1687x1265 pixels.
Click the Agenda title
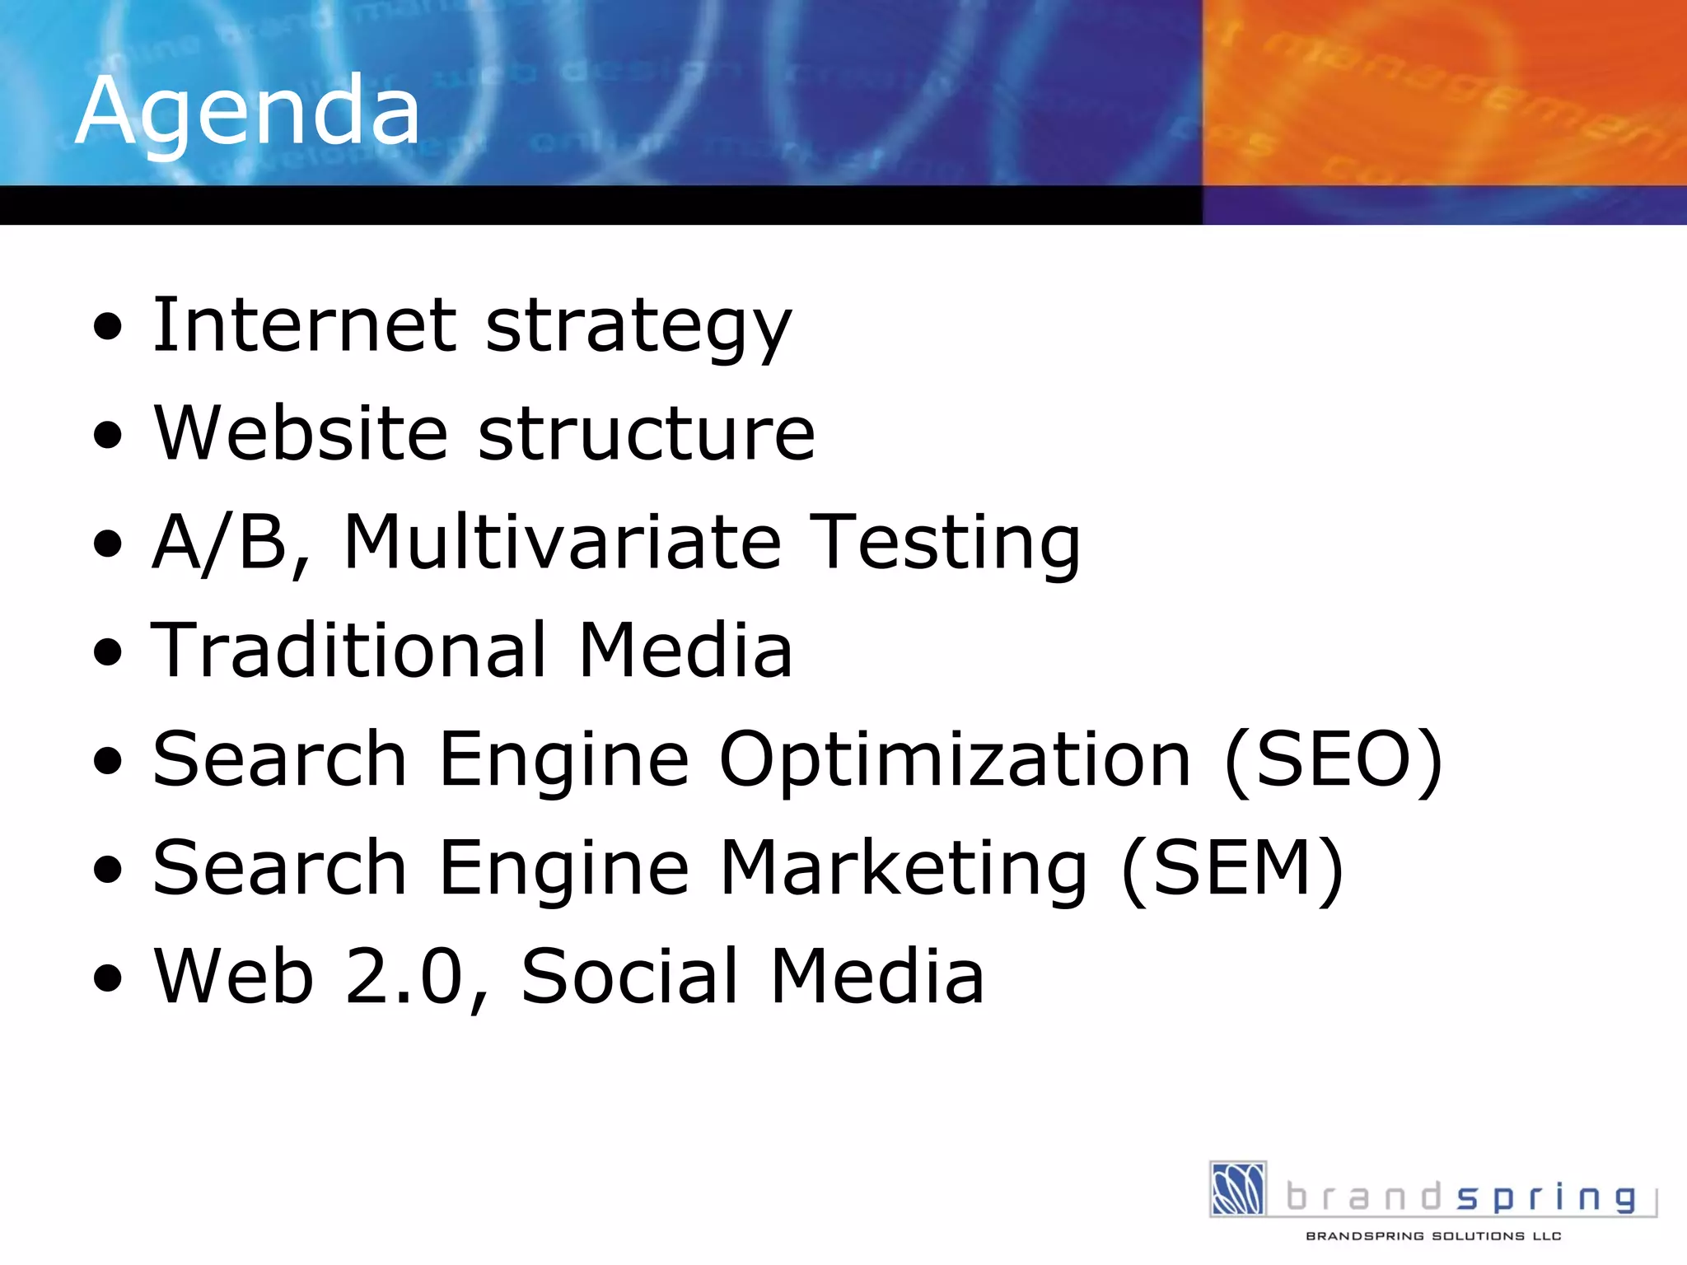[x=247, y=111]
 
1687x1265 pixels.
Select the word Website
[x=301, y=433]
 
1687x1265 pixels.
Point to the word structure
[x=647, y=435]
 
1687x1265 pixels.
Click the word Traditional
[x=349, y=651]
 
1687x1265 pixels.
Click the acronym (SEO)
[x=1334, y=759]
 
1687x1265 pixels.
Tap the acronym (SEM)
[x=1232, y=868]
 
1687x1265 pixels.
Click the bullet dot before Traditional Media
[x=108, y=652]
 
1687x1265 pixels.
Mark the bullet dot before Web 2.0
[x=108, y=978]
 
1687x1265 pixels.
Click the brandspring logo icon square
[x=1238, y=1188]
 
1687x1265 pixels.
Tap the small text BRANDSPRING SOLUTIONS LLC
[x=1433, y=1236]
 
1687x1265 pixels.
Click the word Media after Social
[x=877, y=977]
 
